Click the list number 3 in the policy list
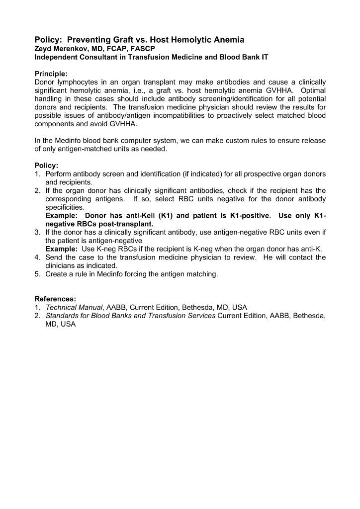37,232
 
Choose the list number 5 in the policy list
37,274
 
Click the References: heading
55,299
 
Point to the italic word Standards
64,316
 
